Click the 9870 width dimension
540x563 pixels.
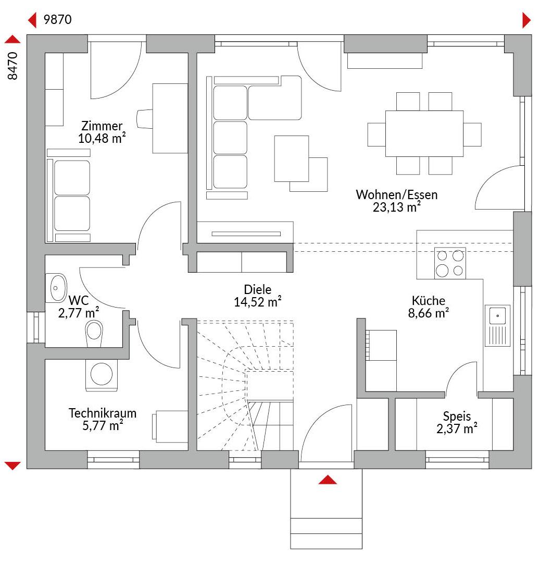point(57,19)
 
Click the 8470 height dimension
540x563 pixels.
point(12,66)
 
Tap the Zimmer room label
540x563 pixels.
point(102,126)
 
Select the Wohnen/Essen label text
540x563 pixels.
point(397,194)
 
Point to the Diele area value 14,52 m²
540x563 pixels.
point(257,302)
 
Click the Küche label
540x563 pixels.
point(429,300)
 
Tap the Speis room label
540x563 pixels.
point(457,416)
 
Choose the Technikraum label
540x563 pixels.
point(103,413)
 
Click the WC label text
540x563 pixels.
point(79,300)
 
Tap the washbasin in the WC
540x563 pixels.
point(56,288)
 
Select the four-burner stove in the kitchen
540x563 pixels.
point(450,263)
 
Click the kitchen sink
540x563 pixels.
point(497,325)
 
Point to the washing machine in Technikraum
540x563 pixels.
point(102,375)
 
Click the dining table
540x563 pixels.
point(424,133)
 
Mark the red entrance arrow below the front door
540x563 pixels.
point(328,480)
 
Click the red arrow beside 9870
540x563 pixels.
point(32,20)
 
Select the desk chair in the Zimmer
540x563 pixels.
point(145,118)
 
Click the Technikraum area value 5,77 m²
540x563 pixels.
point(103,425)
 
